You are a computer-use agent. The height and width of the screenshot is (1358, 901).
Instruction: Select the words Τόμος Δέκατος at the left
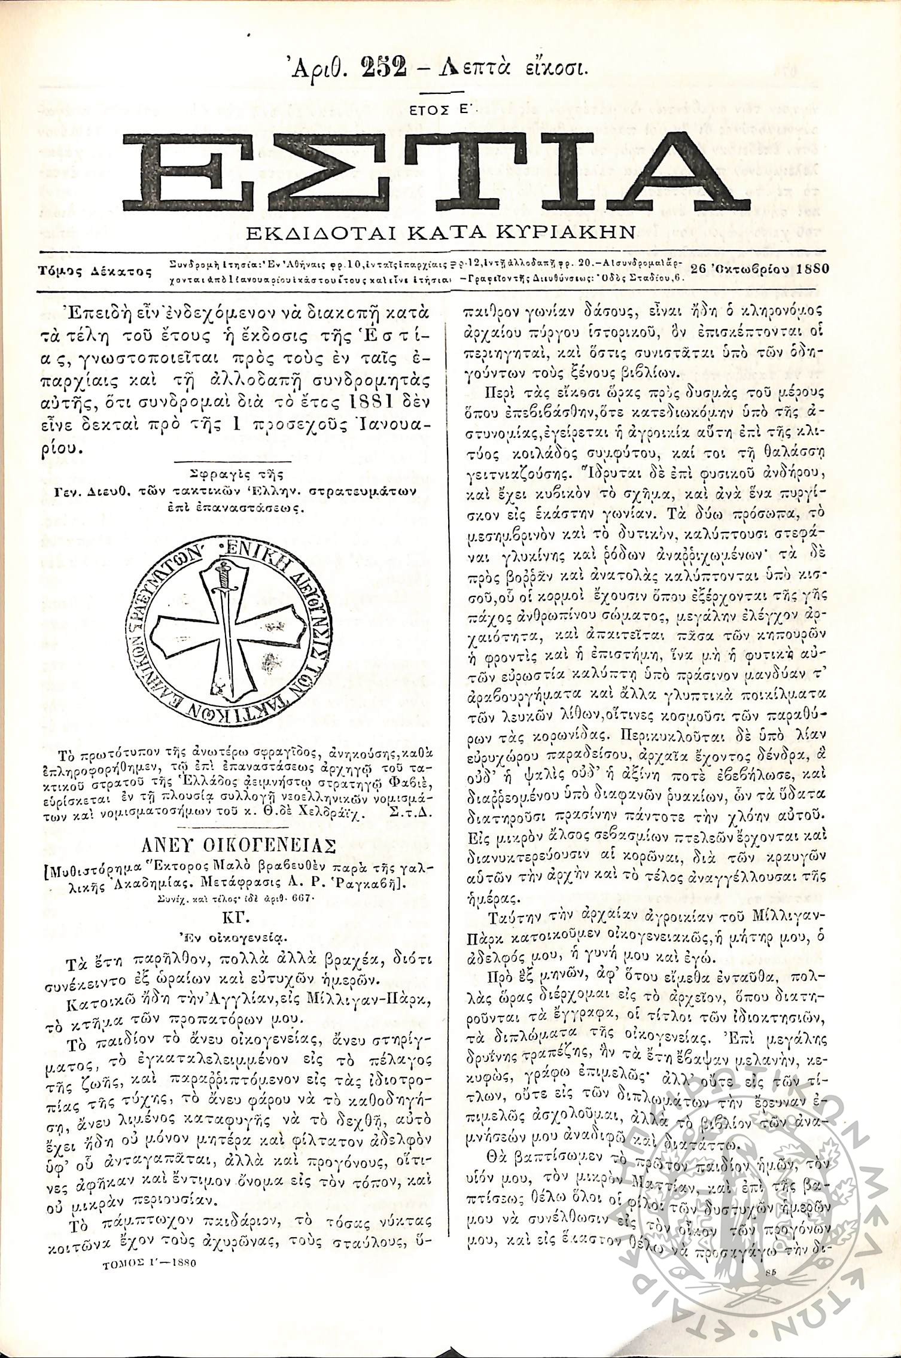95,271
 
